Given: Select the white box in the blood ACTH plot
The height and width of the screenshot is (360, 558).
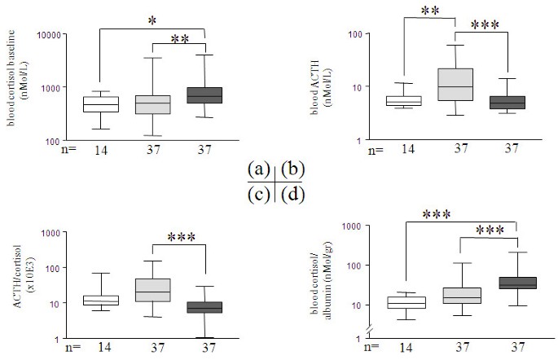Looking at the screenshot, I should tap(404, 101).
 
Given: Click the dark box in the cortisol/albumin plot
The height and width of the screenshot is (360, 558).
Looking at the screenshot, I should tap(518, 283).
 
